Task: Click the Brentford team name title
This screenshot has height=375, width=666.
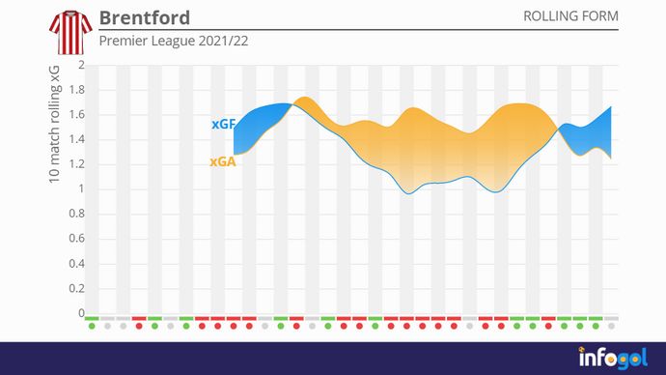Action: click(145, 18)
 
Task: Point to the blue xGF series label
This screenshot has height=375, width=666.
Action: click(223, 124)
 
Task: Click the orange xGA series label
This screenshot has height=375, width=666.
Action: click(223, 162)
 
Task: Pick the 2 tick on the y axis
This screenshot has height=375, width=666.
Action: click(81, 66)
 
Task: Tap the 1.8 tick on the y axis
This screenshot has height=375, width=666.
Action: click(76, 91)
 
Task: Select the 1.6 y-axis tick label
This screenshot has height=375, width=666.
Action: click(76, 115)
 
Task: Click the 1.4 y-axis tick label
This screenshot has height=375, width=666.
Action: click(76, 140)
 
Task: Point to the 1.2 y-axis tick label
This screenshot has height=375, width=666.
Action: click(76, 165)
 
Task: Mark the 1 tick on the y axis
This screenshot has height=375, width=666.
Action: click(81, 189)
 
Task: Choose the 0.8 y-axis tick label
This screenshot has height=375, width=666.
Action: click(76, 215)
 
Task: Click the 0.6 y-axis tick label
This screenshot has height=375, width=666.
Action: click(76, 240)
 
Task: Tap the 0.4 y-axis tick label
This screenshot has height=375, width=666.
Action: click(76, 264)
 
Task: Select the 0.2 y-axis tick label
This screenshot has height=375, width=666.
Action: click(76, 289)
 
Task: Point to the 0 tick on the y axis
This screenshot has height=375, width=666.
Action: click(81, 313)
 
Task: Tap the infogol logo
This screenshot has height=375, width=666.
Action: click(612, 358)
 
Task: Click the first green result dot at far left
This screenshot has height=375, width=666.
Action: click(92, 326)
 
